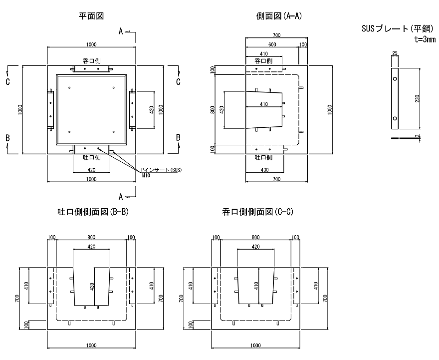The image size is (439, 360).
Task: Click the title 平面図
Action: tap(91, 16)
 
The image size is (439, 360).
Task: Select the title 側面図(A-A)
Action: tap(279, 16)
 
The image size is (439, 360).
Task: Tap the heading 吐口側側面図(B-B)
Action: tap(93, 212)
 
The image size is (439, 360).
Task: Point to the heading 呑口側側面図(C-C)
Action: tap(257, 212)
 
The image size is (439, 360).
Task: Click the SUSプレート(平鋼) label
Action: tap(398, 28)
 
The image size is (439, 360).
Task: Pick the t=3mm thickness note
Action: tap(425, 39)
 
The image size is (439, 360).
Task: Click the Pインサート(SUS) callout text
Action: tap(161, 170)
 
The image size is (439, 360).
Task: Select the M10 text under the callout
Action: tap(146, 175)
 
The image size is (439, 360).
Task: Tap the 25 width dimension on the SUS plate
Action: tap(395, 53)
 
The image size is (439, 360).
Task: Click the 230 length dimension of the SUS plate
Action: tap(417, 99)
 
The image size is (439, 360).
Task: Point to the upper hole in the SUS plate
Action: tap(395, 79)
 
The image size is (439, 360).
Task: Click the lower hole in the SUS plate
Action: tap(395, 118)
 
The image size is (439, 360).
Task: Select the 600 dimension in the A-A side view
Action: tap(272, 44)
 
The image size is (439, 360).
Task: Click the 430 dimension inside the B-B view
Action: tap(92, 286)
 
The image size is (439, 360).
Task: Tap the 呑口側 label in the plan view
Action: tap(92, 61)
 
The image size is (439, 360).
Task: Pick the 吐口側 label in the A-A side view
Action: tap(263, 157)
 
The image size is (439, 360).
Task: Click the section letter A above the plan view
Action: tap(121, 31)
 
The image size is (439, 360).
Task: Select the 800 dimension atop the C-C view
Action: tap(255, 237)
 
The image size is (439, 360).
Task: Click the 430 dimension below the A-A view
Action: tap(264, 169)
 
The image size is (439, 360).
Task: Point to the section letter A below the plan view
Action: tap(121, 197)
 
